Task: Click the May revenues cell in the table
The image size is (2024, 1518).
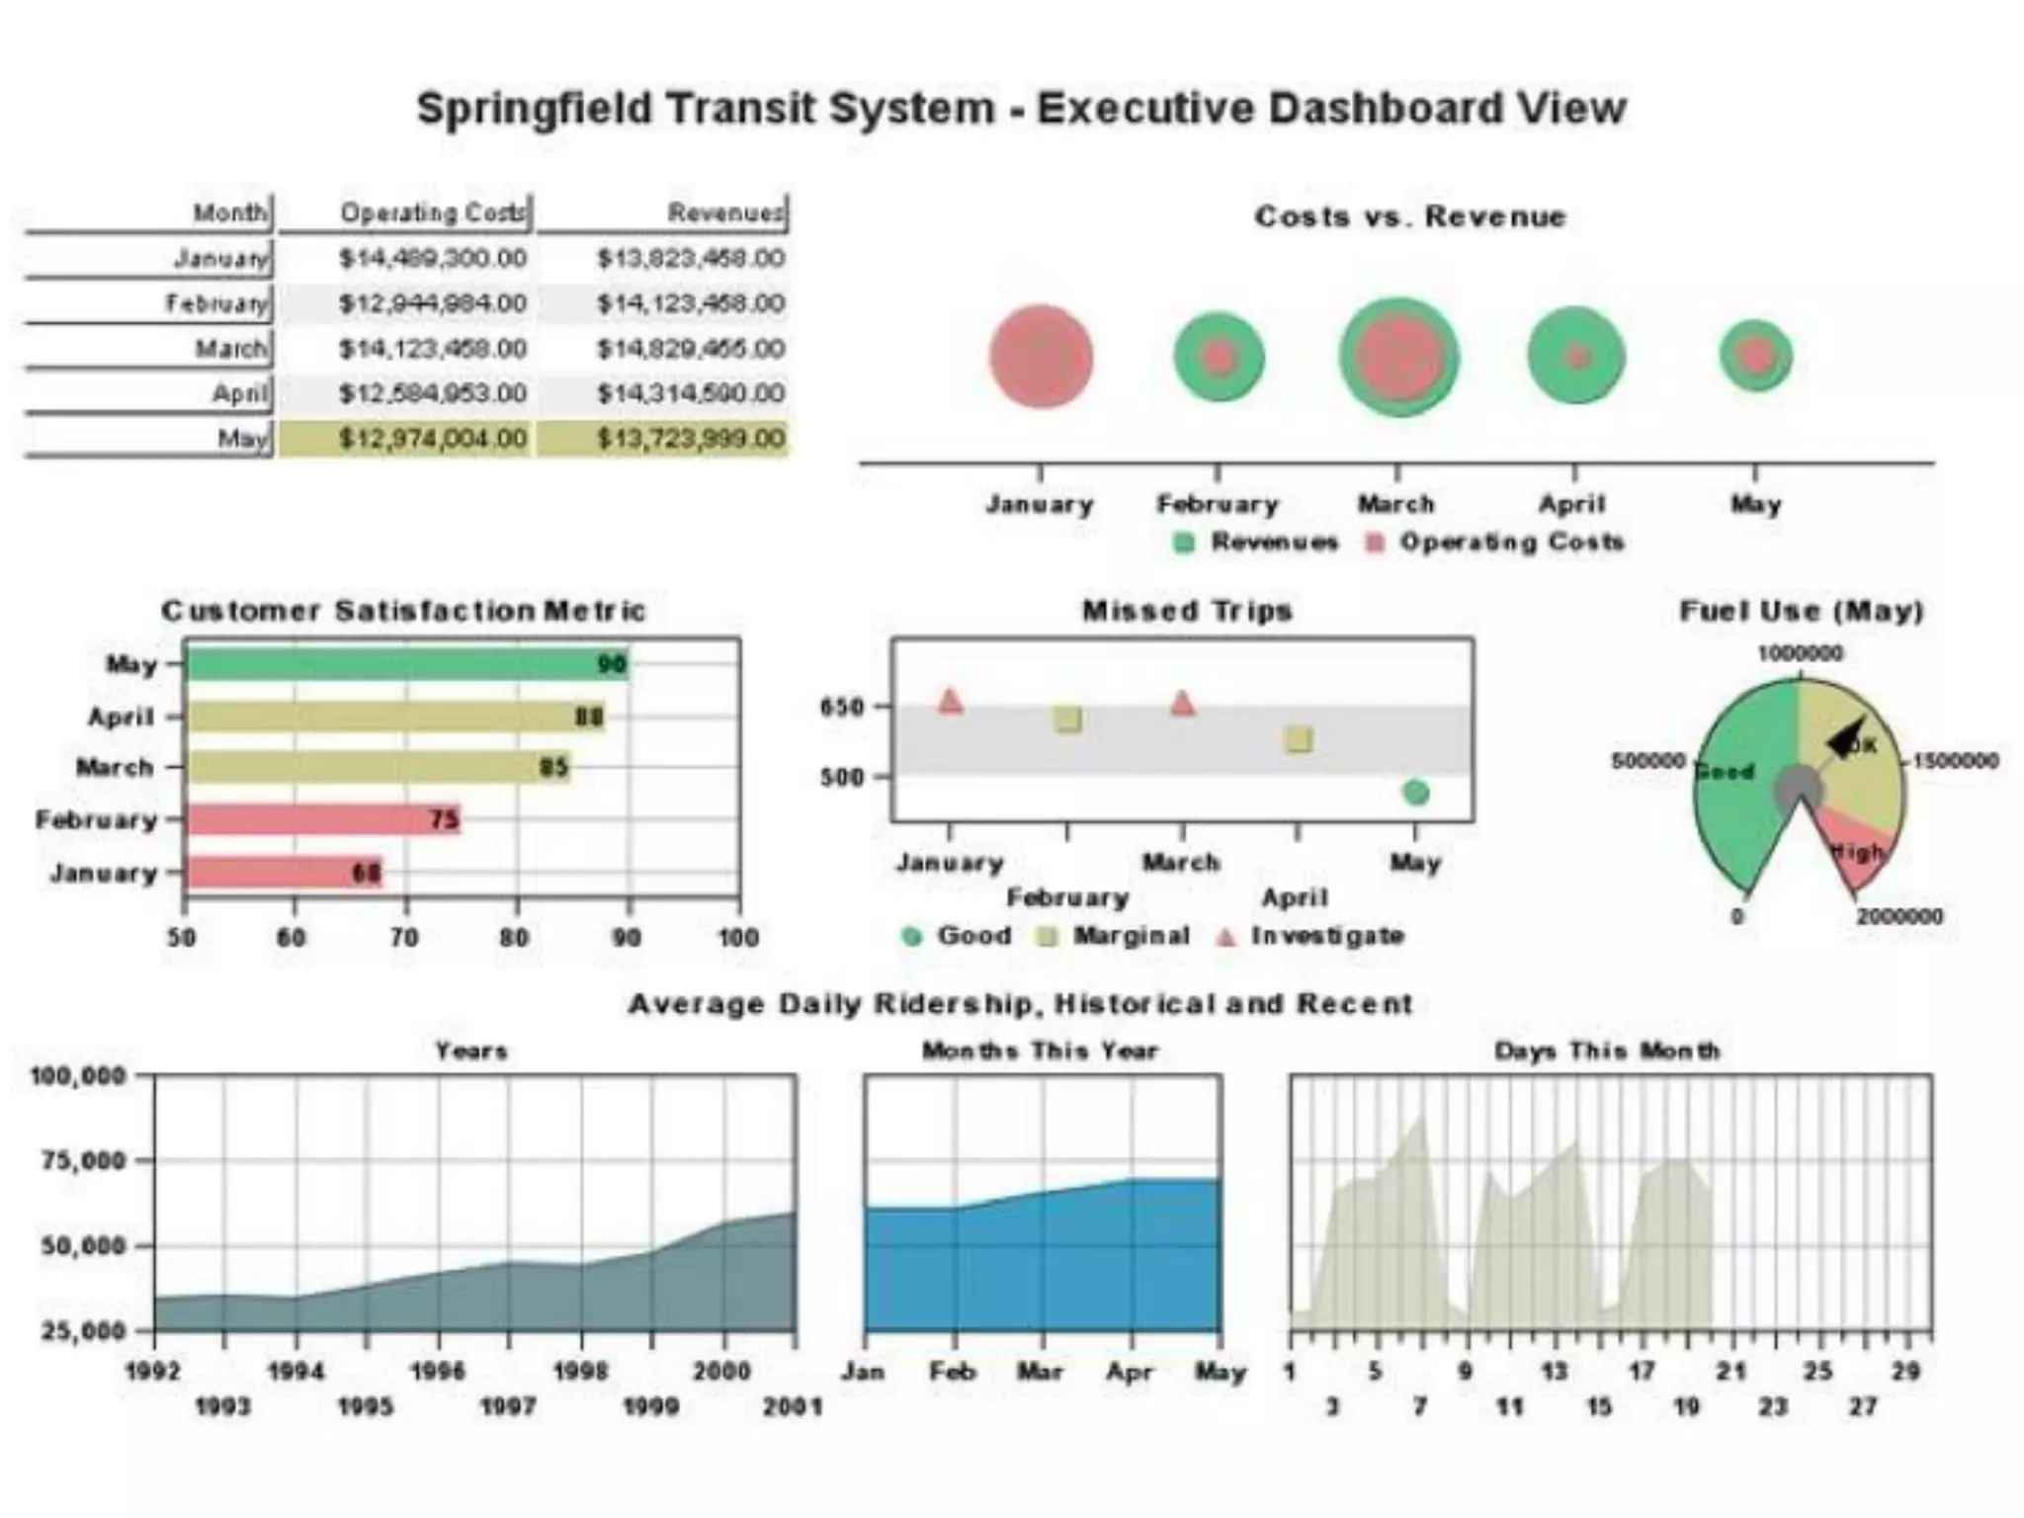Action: click(x=690, y=438)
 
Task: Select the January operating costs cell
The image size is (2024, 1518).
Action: click(x=432, y=258)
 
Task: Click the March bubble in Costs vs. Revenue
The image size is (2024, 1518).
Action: click(x=1397, y=357)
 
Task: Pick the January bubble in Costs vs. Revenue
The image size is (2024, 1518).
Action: click(x=1041, y=356)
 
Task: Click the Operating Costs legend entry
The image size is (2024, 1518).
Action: click(x=1510, y=542)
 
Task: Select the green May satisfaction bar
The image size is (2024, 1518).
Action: click(x=405, y=664)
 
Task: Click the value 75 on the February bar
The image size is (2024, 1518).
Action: click(x=444, y=819)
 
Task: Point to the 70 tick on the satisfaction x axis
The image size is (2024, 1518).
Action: click(x=404, y=936)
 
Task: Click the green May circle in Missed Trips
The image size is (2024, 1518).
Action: click(x=1415, y=792)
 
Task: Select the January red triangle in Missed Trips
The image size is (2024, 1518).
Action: click(x=950, y=702)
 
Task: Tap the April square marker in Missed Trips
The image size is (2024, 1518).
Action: click(x=1299, y=739)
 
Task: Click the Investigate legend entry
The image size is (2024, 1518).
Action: click(x=1325, y=936)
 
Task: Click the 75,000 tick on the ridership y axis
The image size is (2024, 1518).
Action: click(x=84, y=1159)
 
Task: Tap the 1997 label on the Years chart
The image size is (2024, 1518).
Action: click(x=508, y=1405)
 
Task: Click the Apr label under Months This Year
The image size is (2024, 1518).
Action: click(x=1129, y=1372)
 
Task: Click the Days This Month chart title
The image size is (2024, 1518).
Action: click(x=1606, y=1051)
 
